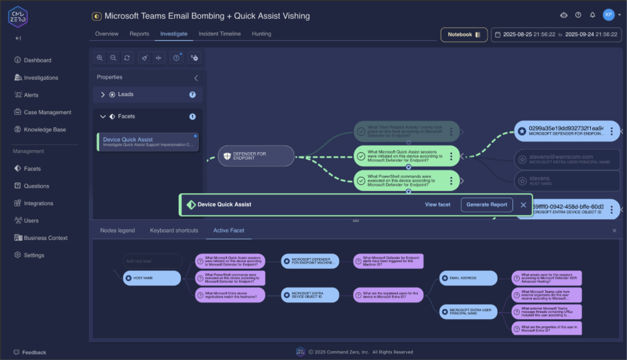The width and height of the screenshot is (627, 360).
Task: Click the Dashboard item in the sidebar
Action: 37,60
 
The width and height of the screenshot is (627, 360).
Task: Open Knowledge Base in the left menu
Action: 44,129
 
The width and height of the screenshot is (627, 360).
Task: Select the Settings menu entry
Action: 33,255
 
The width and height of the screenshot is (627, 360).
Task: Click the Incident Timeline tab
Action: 219,34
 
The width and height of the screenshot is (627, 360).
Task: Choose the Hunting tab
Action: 261,34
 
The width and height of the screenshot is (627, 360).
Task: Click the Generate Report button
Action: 486,204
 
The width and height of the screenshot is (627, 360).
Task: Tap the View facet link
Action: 437,204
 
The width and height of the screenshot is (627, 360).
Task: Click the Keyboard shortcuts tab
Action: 173,231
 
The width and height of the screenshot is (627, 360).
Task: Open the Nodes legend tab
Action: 117,231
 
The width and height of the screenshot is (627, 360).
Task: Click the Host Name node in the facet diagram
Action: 152,278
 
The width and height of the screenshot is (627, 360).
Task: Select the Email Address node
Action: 468,278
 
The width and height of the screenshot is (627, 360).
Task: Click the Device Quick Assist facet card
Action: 148,142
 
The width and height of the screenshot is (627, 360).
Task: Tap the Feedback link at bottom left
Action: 33,352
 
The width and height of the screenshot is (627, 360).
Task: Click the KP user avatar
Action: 608,15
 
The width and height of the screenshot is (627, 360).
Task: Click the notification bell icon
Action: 592,15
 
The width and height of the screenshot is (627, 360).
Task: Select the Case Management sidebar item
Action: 47,112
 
